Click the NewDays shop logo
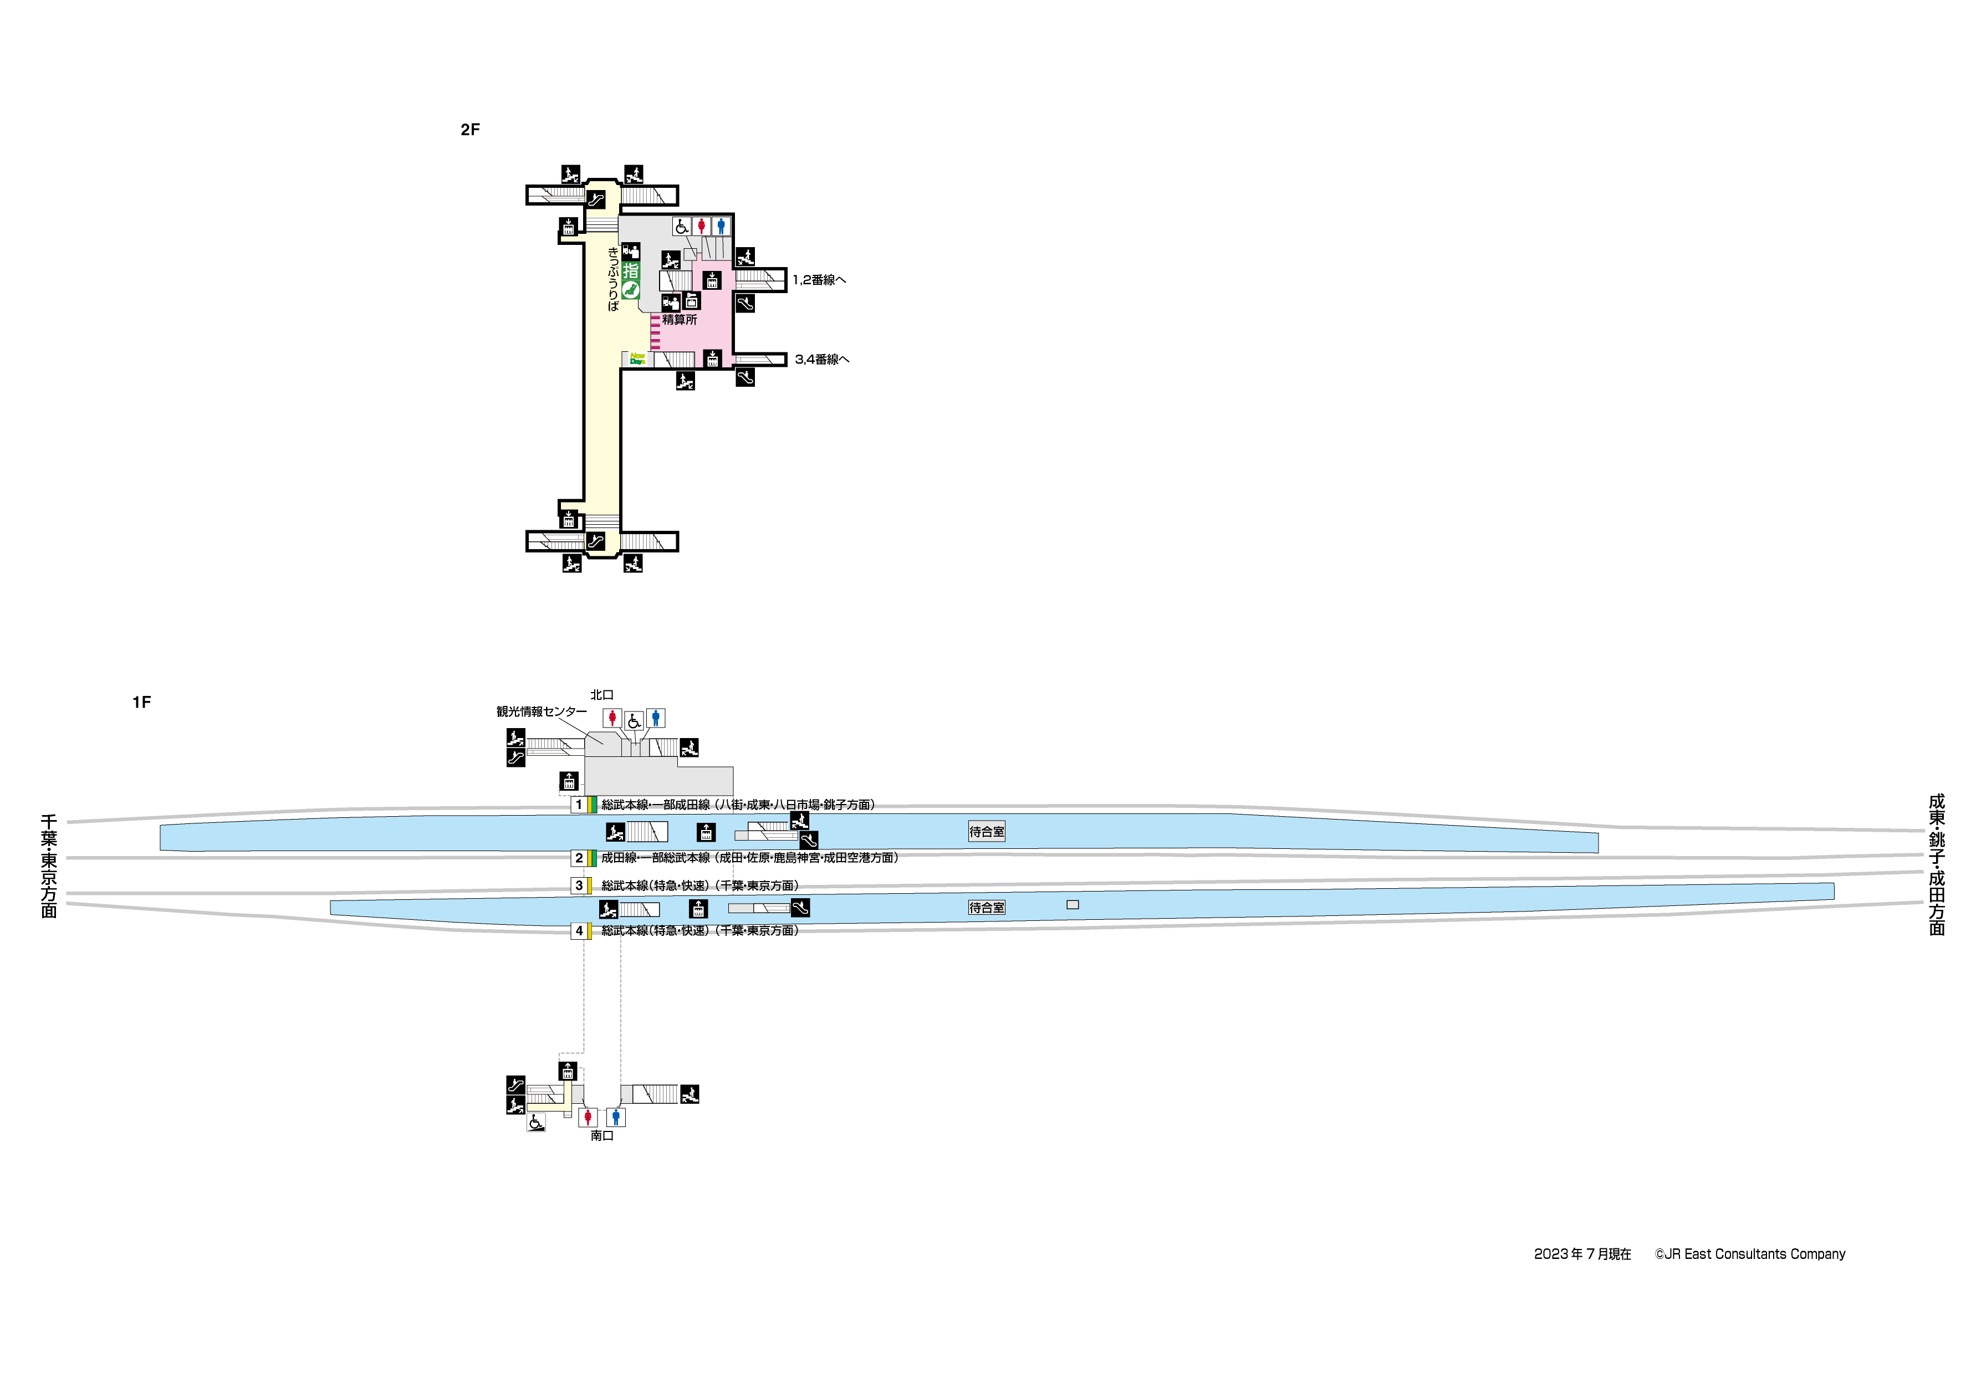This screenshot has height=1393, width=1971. point(637,359)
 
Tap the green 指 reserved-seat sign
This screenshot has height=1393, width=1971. point(631,271)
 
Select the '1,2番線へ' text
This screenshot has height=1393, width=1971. point(819,280)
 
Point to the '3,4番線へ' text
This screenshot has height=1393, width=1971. point(821,360)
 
